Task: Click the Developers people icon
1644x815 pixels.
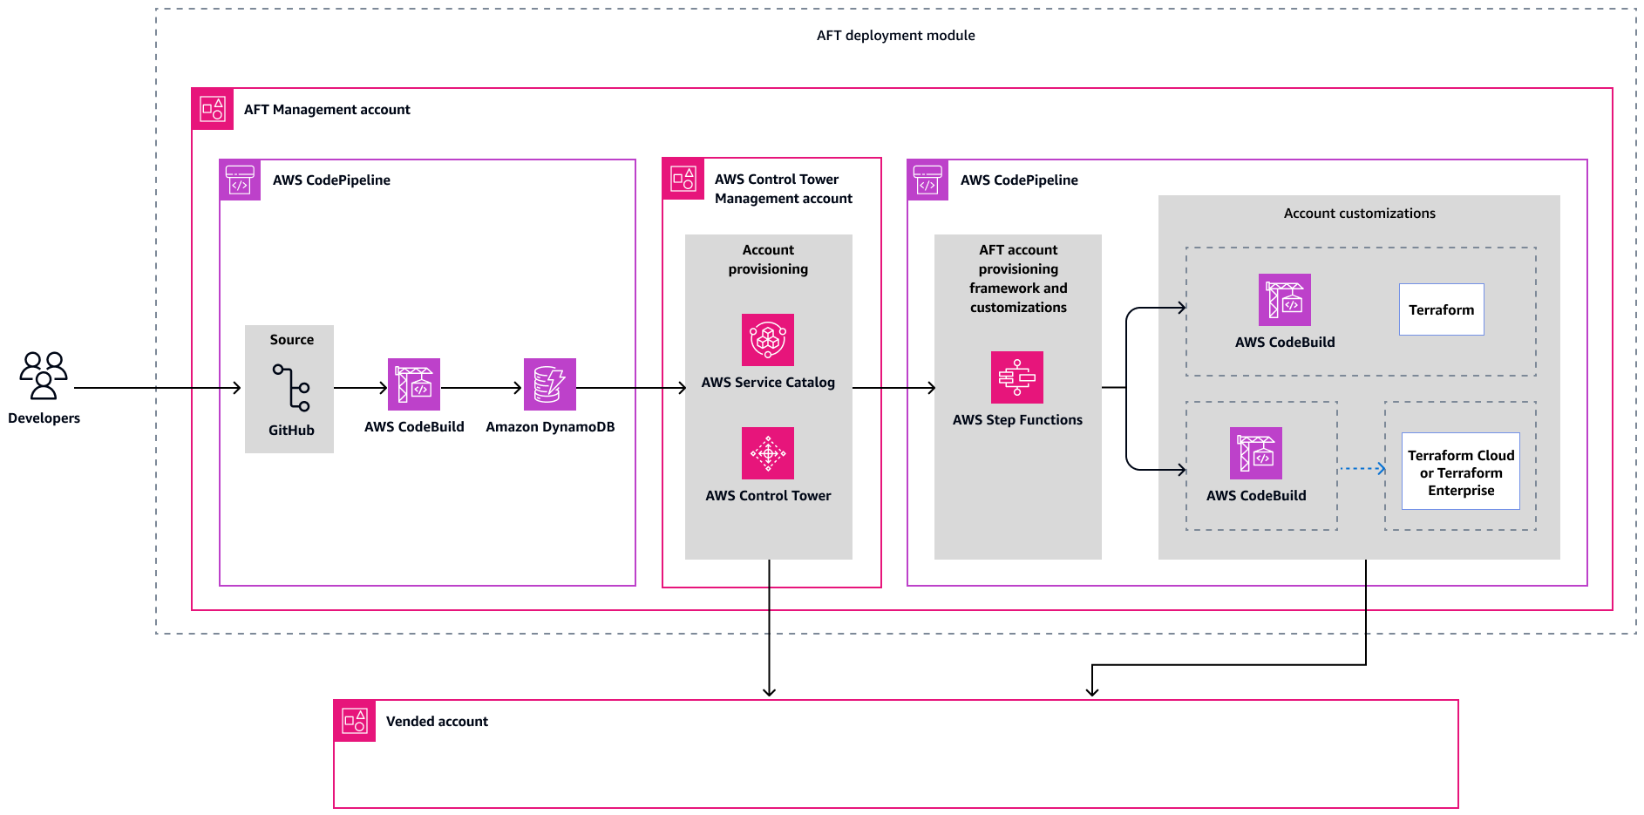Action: pos(44,375)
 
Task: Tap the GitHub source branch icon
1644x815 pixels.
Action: pos(291,388)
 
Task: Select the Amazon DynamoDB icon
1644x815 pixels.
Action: pos(549,384)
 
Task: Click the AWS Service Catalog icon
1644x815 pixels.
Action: pos(768,340)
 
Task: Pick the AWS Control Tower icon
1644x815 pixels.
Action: pos(768,453)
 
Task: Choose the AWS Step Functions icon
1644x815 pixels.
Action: pos(1017,377)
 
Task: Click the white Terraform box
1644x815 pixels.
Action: pos(1442,309)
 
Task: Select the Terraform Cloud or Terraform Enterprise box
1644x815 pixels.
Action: pos(1461,472)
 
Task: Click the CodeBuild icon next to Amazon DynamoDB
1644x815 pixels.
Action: pos(414,384)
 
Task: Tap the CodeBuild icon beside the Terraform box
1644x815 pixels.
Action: pos(1285,300)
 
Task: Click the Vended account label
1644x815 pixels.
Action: pos(437,722)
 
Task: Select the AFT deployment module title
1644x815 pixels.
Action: pos(895,36)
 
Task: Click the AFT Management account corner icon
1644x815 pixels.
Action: pos(213,109)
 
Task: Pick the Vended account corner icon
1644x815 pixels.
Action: pos(355,721)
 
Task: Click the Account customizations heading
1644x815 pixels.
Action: pos(1359,214)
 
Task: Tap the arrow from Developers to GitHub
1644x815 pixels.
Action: pos(157,388)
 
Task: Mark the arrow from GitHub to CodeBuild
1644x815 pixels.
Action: pos(360,388)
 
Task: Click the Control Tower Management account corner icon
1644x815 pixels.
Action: pos(683,179)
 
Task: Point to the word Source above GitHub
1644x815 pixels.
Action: pos(291,340)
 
